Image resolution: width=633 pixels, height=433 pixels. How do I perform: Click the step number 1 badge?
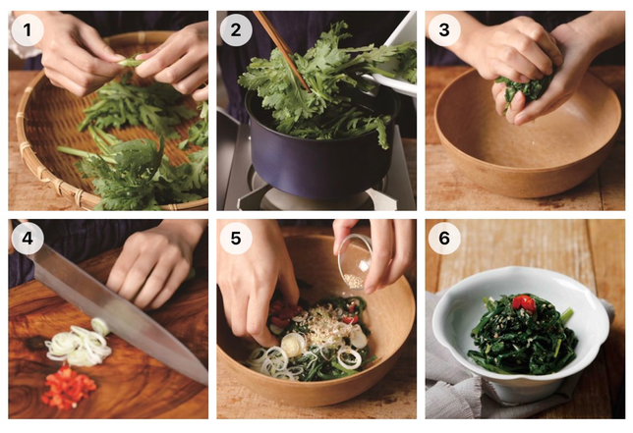click(28, 29)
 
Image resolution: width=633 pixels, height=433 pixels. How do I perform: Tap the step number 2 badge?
click(236, 29)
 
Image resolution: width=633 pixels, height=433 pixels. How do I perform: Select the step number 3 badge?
click(444, 29)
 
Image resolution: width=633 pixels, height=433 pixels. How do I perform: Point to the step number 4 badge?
click(28, 239)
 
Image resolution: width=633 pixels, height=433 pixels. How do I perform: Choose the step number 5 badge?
click(236, 239)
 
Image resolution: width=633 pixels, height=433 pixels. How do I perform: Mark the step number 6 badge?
click(444, 239)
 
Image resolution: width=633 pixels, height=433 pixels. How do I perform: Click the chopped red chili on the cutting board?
click(68, 387)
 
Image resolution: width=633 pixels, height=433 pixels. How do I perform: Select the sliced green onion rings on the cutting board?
click(79, 344)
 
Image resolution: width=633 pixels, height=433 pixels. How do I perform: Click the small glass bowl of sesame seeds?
click(355, 262)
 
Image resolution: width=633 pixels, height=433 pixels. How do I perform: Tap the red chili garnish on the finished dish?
click(525, 303)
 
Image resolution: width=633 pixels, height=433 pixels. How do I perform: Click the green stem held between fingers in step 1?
click(130, 62)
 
